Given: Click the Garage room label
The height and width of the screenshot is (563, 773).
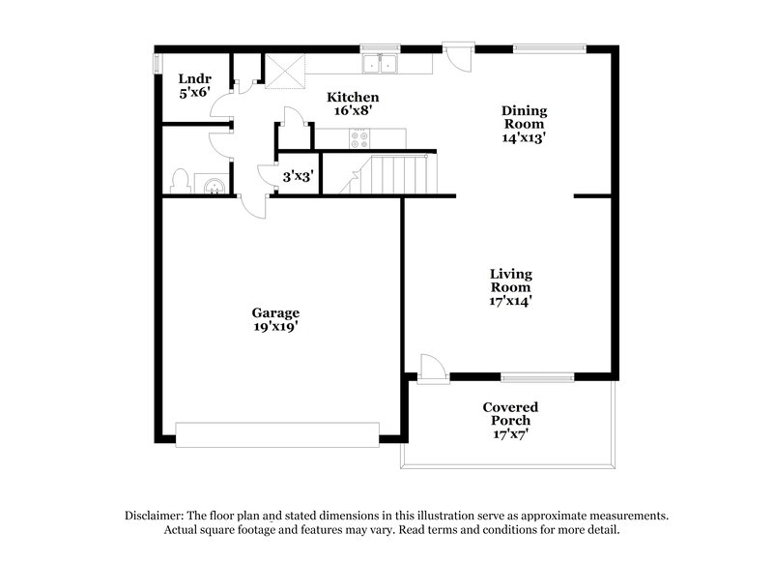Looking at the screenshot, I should pos(275,312).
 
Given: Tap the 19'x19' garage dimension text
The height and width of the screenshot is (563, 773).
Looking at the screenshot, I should pos(275,327).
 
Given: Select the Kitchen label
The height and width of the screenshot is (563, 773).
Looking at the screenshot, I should pos(352,98).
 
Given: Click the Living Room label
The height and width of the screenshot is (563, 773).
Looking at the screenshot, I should pos(510,281).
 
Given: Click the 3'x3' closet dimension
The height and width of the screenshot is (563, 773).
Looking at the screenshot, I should pos(297,177).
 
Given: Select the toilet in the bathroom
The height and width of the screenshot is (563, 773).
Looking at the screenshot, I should pos(180,181).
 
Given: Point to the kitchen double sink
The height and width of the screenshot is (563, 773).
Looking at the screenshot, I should pos(384,64).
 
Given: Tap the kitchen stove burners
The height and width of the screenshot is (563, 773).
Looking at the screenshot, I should pos(359,138).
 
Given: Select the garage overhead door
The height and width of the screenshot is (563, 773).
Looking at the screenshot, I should pos(277,433).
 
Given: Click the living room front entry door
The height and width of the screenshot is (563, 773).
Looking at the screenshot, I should pos(431,369).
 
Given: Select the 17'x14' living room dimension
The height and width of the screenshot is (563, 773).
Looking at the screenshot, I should pos(510,301).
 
